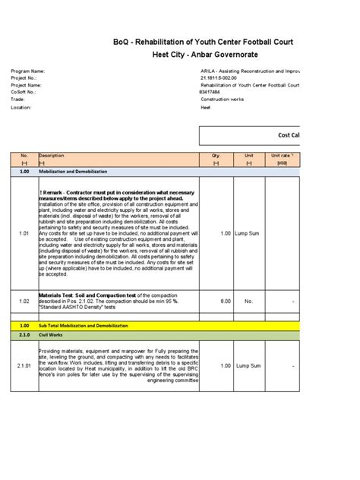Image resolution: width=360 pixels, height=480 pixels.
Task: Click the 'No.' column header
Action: point(24,156)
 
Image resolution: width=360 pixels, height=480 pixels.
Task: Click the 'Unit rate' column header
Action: point(281,156)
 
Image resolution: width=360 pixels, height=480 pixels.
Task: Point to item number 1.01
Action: point(24,233)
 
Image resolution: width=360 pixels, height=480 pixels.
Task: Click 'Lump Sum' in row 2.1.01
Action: point(250,365)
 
